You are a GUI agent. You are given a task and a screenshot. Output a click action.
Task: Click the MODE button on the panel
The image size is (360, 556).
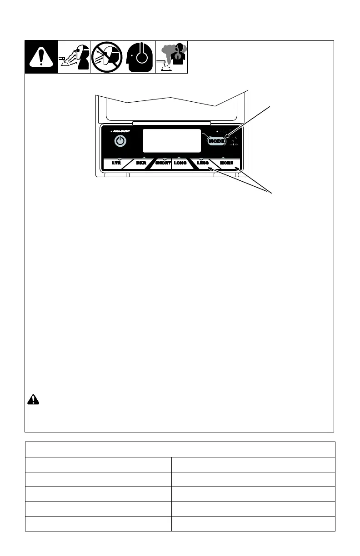(x=216, y=141)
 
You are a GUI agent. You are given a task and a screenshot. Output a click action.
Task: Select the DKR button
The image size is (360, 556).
(x=140, y=163)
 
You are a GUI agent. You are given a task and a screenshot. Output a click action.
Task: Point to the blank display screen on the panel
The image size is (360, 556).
(x=172, y=141)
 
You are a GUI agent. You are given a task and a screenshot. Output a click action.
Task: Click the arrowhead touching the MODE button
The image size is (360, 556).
(x=224, y=139)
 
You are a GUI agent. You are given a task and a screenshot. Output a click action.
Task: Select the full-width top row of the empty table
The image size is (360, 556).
(x=180, y=449)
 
